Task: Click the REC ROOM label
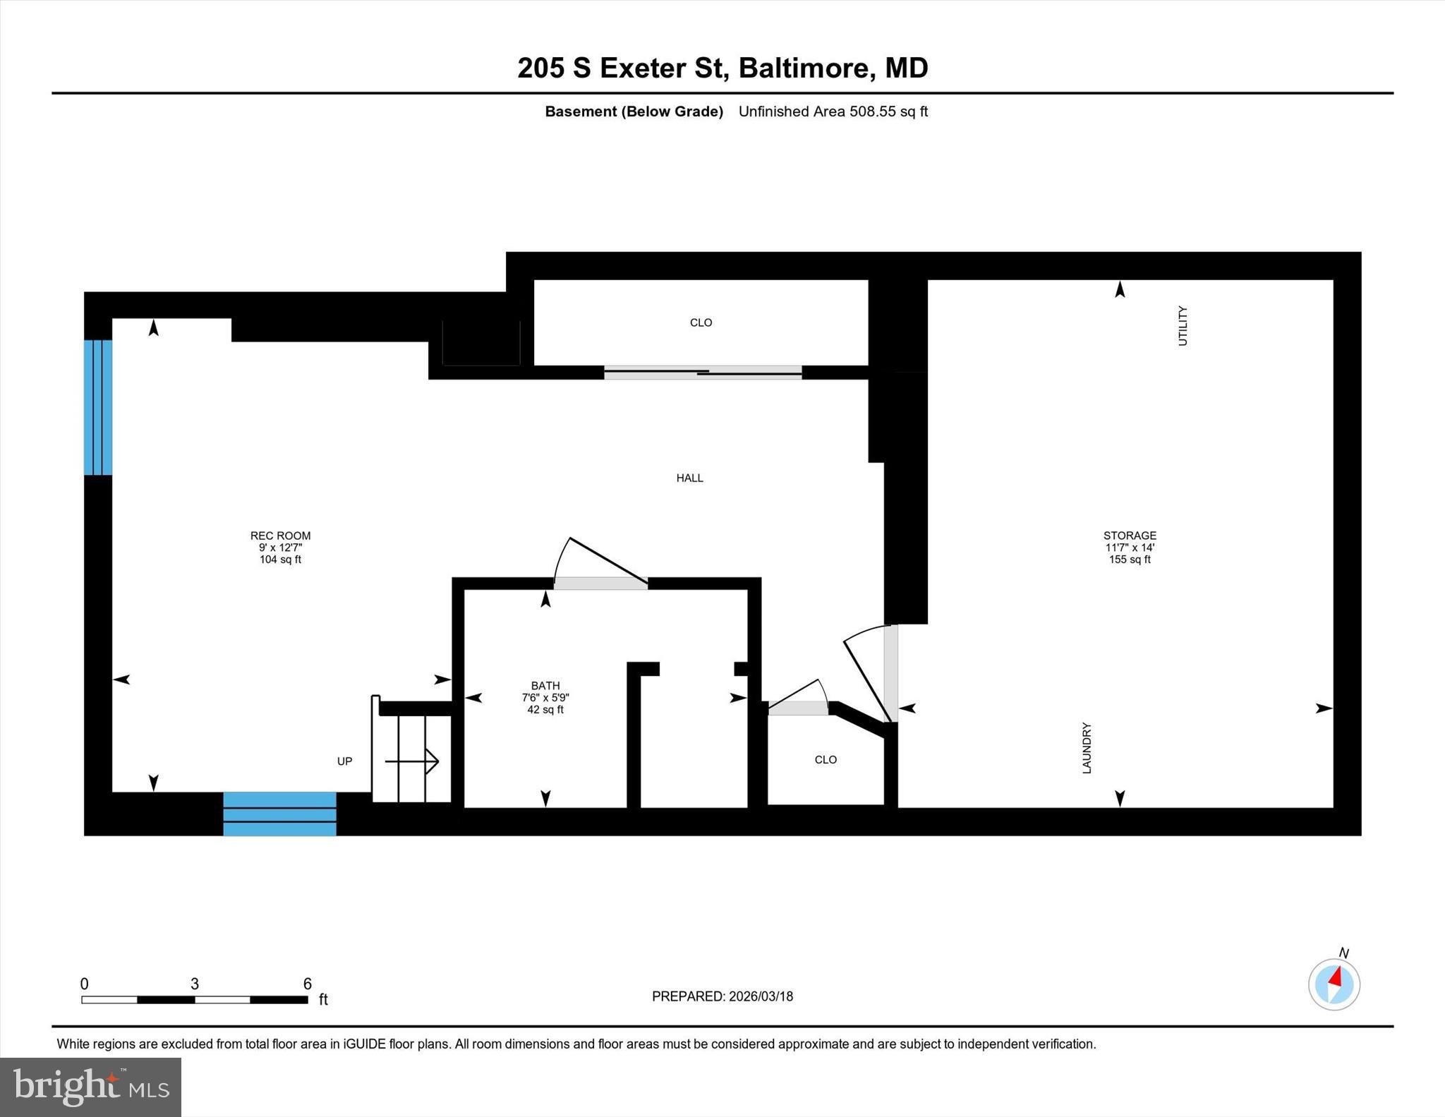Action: (x=280, y=536)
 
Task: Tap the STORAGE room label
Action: (x=1130, y=536)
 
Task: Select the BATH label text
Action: (x=545, y=686)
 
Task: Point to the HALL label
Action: (x=689, y=478)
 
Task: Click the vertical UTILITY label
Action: (x=1183, y=326)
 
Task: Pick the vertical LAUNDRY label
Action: (x=1087, y=748)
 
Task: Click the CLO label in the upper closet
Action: (x=701, y=322)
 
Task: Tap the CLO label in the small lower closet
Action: (x=826, y=760)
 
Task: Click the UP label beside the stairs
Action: (x=344, y=761)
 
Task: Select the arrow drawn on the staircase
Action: (x=412, y=761)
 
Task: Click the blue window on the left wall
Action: (x=98, y=407)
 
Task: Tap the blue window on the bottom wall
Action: (x=279, y=814)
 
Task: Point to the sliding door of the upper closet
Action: (x=703, y=372)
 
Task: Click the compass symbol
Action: (x=1334, y=984)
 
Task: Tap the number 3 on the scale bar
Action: (x=195, y=984)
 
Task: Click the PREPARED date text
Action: (x=722, y=996)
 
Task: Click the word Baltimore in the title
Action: (x=804, y=68)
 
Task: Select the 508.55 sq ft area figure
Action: (x=888, y=111)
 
